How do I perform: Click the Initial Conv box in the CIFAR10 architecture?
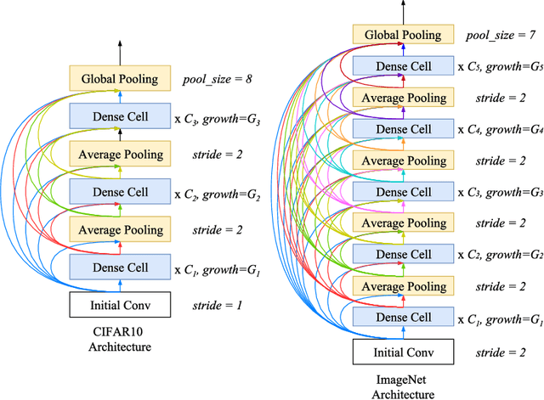coord(119,304)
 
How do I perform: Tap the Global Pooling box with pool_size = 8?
coord(119,79)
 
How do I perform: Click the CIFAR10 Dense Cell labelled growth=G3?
coord(119,116)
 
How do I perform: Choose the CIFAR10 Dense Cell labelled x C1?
coord(119,268)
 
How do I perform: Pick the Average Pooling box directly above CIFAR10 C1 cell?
coord(119,229)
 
